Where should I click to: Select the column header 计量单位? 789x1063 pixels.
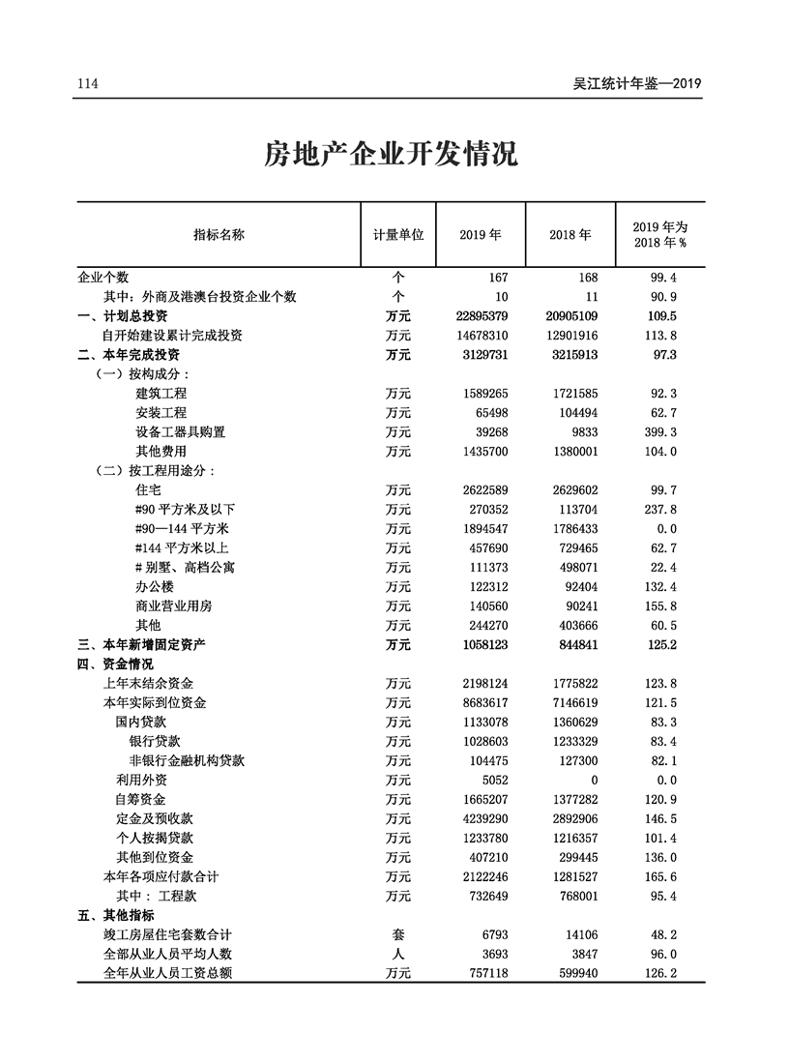coord(397,235)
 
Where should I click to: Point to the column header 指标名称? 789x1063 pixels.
coord(219,235)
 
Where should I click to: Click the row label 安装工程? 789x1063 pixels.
coord(161,413)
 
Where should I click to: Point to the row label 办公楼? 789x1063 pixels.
coord(155,587)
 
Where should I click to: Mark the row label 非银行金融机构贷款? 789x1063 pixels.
coord(187,761)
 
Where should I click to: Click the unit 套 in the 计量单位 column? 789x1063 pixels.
coord(397,935)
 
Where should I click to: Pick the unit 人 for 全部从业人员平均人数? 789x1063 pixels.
coord(397,955)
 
